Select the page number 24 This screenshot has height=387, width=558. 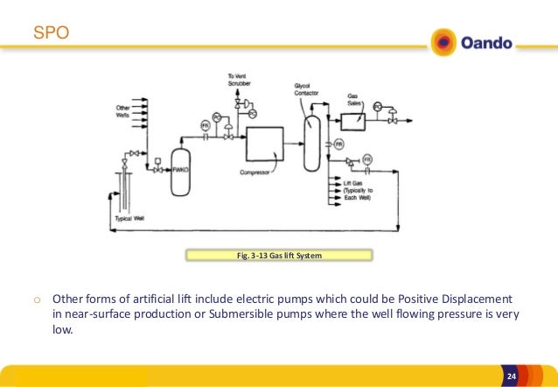pos(513,376)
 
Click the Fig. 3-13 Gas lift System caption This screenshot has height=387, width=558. pos(279,256)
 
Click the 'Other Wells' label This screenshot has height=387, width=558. pos(123,111)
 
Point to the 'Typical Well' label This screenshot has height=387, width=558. pos(129,218)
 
